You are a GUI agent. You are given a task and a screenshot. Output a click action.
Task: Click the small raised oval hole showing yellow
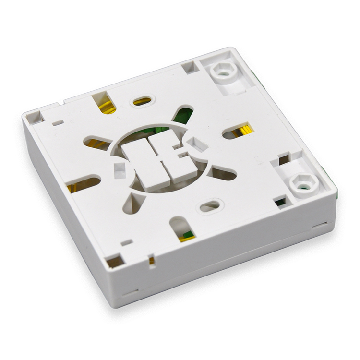(x=142, y=101)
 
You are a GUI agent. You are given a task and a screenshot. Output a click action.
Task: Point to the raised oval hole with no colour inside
(x=210, y=206)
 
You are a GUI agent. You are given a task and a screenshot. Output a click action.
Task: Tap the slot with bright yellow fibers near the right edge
(x=239, y=131)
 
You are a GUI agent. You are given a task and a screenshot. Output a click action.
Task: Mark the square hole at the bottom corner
(x=115, y=262)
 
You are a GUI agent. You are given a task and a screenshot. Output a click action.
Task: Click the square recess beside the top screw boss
(x=190, y=67)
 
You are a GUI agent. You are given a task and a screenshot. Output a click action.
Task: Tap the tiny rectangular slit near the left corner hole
(x=58, y=123)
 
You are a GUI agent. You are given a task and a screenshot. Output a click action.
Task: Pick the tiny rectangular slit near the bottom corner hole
(x=127, y=243)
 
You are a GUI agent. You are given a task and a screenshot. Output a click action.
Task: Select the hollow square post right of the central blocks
(x=197, y=144)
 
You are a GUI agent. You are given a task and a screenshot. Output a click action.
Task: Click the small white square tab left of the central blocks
(x=119, y=169)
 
